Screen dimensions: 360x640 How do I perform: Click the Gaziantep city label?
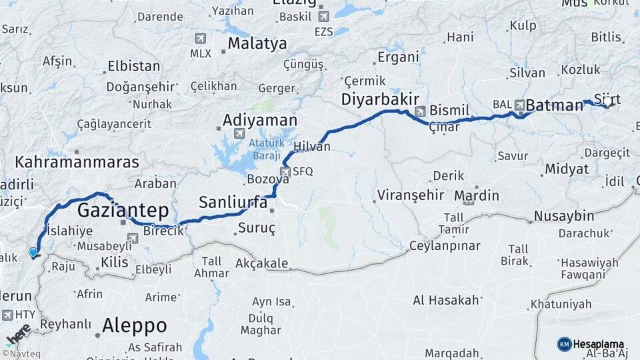tap(123, 211)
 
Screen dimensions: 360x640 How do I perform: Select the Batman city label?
tap(555, 105)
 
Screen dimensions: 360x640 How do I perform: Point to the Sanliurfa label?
tap(233, 202)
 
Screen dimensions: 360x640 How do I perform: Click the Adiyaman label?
tap(259, 120)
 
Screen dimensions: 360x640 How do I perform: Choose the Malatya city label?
tap(257, 43)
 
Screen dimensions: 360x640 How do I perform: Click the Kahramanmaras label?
tap(77, 162)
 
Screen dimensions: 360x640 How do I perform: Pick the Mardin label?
tap(477, 195)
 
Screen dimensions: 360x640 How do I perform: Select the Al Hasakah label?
tap(446, 300)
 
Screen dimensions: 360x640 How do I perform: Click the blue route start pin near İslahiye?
tap(33, 253)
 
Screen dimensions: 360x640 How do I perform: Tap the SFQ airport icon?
tap(285, 171)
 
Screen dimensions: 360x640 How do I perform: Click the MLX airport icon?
tap(200, 39)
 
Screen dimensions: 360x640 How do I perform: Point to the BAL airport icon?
tap(518, 104)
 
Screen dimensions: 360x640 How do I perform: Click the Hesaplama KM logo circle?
tap(564, 344)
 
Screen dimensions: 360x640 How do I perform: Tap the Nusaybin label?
tap(563, 216)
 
